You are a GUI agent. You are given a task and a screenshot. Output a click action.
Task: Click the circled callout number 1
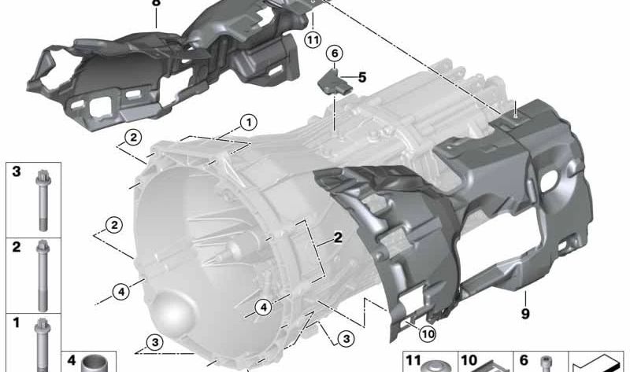pos(248,122)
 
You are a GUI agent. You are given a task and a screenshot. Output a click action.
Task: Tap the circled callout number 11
pos(313,40)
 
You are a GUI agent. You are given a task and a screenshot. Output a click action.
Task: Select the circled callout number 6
pos(335,53)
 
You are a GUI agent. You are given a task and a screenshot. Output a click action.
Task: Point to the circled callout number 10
pos(428,334)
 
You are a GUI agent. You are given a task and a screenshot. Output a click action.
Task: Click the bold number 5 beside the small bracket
pos(362,77)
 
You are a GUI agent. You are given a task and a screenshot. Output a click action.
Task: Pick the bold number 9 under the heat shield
pos(525,314)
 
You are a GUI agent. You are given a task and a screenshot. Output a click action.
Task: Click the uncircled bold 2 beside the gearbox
pos(338,238)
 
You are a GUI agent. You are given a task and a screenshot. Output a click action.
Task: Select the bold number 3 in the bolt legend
pos(16,171)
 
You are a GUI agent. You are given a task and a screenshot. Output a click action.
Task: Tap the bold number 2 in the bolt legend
pos(16,247)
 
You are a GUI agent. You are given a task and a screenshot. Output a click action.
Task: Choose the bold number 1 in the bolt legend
pos(16,322)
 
